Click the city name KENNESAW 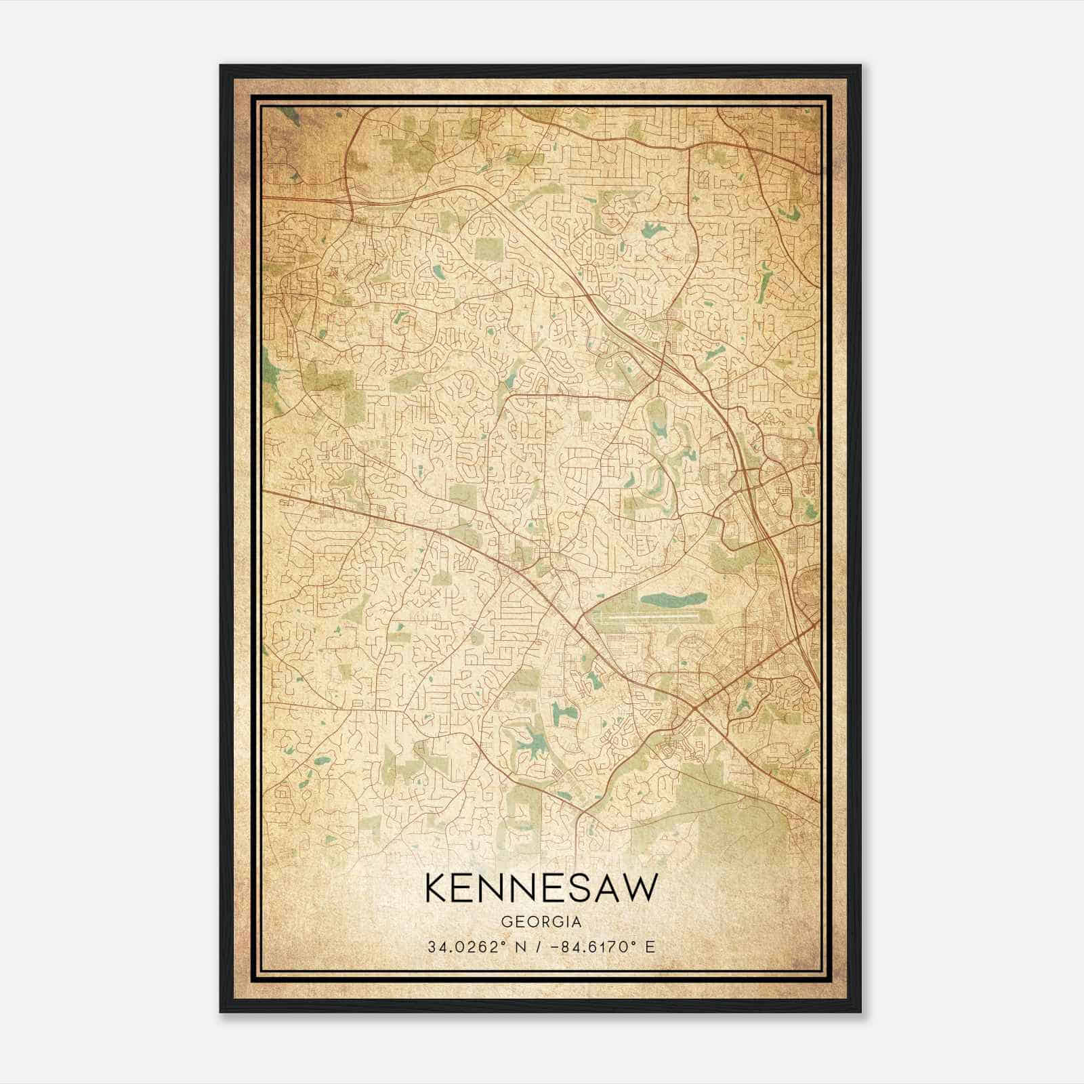point(541,888)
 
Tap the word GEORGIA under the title point(541,922)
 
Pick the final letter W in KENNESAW point(642,888)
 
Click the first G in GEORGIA point(506,922)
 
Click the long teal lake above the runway point(673,600)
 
